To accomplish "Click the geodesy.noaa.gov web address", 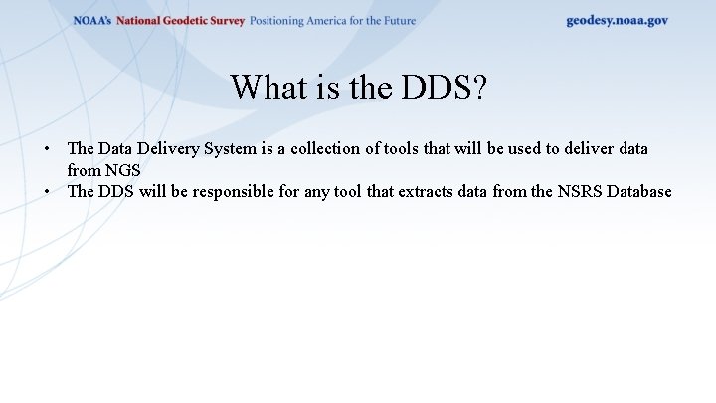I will coord(617,20).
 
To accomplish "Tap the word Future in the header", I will coord(398,21).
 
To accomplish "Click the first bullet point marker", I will coord(47,149).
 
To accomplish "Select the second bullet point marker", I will coord(47,191).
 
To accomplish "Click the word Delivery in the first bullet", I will coord(169,149).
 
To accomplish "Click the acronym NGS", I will coord(123,170).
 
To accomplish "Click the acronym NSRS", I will coord(555,191).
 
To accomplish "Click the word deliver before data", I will coord(583,149).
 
